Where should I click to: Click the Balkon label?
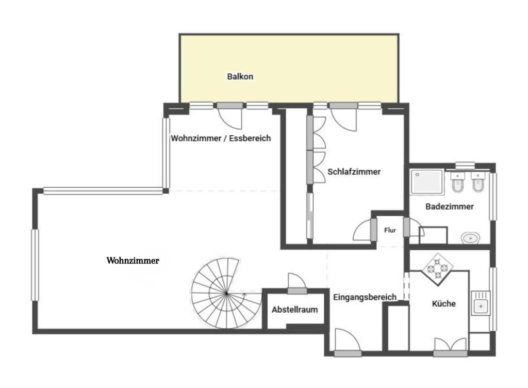(x=240, y=76)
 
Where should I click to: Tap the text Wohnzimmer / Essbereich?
(x=221, y=138)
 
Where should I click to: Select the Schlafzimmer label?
(x=354, y=172)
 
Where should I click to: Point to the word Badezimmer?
(x=449, y=206)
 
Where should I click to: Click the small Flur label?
(x=390, y=230)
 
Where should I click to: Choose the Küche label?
(x=443, y=304)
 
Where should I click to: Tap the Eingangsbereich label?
(x=365, y=297)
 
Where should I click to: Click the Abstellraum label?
(x=294, y=310)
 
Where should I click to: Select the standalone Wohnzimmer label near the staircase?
(x=133, y=261)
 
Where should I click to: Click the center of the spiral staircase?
(x=226, y=293)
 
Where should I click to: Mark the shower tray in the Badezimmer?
(x=427, y=182)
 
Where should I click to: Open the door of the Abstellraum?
(x=297, y=282)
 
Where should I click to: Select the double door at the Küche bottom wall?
(x=450, y=346)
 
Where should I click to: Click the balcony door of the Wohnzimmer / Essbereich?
(x=229, y=116)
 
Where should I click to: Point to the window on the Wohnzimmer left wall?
(x=35, y=264)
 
